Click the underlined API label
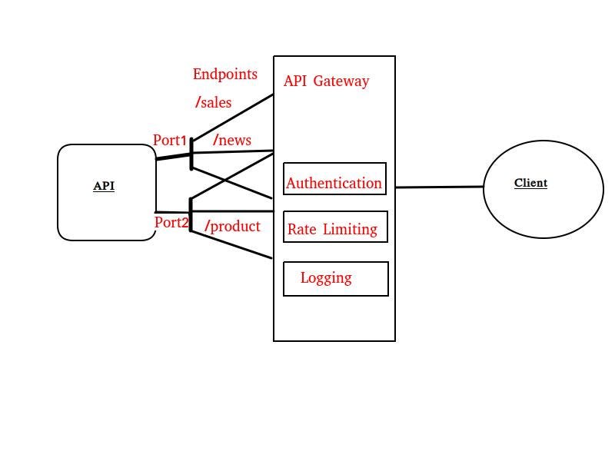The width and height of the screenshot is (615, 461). [104, 186]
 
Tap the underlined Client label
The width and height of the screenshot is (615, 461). [530, 183]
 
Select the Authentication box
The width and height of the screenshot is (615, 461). [334, 183]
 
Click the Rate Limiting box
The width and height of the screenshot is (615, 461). [334, 228]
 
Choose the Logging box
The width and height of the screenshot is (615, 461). [335, 278]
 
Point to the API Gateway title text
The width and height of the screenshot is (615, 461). [326, 81]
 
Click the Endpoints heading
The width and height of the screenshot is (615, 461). [224, 75]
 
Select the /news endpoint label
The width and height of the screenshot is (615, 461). [232, 140]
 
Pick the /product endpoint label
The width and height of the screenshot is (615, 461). [232, 226]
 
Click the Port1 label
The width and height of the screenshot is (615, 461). [170, 140]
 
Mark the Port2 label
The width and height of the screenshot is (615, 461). [171, 223]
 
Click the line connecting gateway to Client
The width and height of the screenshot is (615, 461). [439, 187]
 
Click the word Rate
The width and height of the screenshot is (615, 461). [301, 229]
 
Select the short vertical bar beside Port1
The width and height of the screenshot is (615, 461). [191, 154]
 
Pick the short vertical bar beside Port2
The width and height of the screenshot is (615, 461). [191, 214]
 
